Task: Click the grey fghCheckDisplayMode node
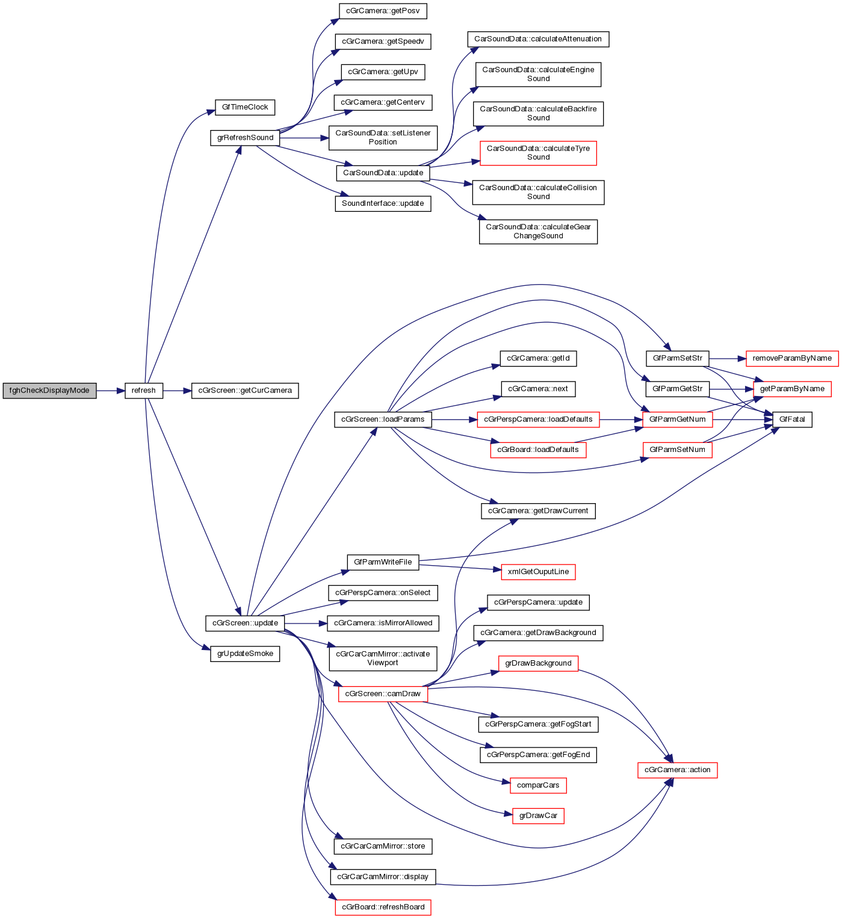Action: pos(49,391)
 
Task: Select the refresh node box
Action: pos(143,391)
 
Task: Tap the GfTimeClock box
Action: pos(245,107)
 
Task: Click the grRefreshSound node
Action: pos(245,138)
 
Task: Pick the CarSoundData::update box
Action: pos(383,173)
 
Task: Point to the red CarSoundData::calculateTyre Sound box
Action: pos(538,153)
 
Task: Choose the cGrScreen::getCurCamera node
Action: pos(245,391)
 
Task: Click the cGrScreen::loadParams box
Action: pos(383,419)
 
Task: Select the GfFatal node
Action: pos(791,419)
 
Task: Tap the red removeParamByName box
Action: pos(792,358)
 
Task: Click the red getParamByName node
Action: pos(792,389)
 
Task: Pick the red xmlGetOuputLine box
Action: pos(538,572)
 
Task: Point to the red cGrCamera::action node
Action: pos(677,770)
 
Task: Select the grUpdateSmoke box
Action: pos(245,654)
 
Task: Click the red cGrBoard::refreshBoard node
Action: pos(383,907)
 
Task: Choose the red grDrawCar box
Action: pos(538,816)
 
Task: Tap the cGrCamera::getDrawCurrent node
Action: pos(538,511)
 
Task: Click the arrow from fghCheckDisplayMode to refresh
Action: pos(110,391)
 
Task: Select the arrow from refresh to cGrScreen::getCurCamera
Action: pos(177,391)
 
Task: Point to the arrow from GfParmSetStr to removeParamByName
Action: pos(728,358)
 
